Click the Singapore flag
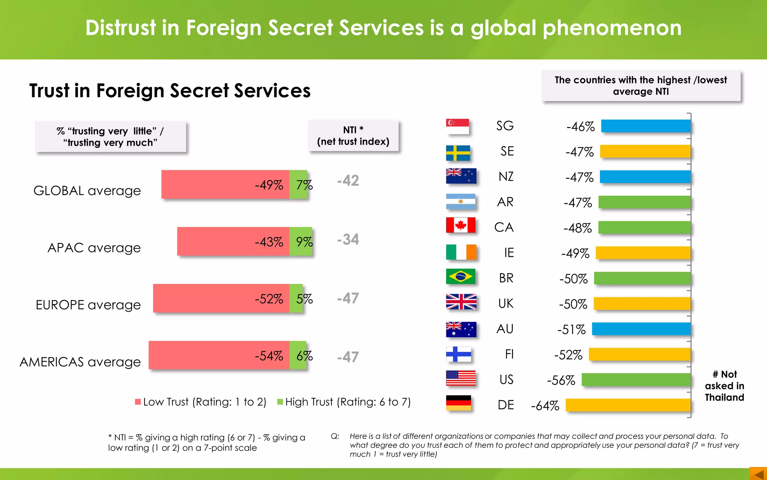[x=457, y=126]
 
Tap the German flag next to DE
[x=458, y=403]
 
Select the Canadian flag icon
[x=461, y=225]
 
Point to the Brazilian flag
[x=461, y=277]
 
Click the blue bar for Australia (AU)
[x=641, y=329]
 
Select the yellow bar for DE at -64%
[x=628, y=405]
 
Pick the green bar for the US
[x=636, y=379]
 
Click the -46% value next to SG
[x=580, y=127]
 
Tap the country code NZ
[x=506, y=177]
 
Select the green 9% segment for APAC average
[x=301, y=241]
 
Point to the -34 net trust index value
[x=348, y=240]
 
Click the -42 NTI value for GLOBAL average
[x=348, y=181]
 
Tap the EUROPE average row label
[x=88, y=305]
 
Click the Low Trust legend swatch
[x=138, y=402]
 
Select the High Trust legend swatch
[x=280, y=402]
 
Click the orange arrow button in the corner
[x=758, y=474]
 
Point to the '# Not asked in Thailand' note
[x=724, y=385]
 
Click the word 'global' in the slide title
[x=503, y=28]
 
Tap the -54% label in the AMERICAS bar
[x=269, y=356]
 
